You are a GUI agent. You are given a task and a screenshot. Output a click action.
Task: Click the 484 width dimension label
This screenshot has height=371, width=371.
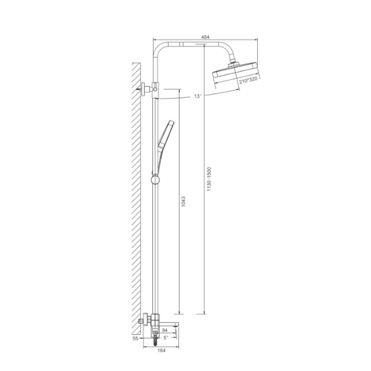pos(205,37)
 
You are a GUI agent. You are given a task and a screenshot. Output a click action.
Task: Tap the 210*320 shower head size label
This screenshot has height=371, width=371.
pos(248,81)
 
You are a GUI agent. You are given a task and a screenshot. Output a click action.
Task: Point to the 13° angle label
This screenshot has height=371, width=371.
pos(198,96)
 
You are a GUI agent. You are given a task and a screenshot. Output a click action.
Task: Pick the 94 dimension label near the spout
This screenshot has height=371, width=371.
pos(164,330)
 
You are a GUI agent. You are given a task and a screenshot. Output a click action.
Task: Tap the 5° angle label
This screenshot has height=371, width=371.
pos(166,338)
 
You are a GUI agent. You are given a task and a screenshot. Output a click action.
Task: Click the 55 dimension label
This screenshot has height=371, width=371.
pos(135,339)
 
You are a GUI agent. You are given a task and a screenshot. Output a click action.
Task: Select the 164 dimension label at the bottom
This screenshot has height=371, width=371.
pos(161,350)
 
